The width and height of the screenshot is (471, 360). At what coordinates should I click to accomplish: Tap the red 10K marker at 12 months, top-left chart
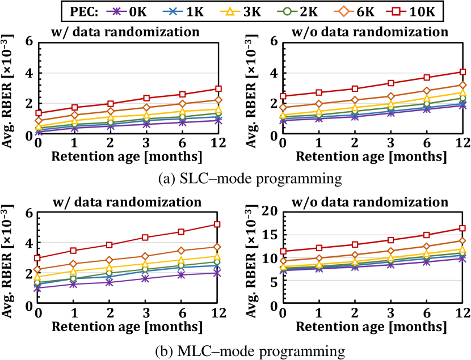pyautogui.click(x=218, y=89)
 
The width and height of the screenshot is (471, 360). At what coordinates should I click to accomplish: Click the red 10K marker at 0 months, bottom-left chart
pyautogui.click(x=38, y=258)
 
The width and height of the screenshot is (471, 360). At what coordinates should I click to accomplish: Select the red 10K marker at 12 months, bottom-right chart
pyautogui.click(x=463, y=228)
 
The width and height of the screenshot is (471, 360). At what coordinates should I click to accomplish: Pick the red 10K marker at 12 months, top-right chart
pyautogui.click(x=463, y=72)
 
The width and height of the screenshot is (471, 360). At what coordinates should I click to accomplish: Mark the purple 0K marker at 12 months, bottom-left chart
pyautogui.click(x=218, y=273)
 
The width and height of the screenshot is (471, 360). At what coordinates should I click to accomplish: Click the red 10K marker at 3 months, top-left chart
pyautogui.click(x=146, y=98)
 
